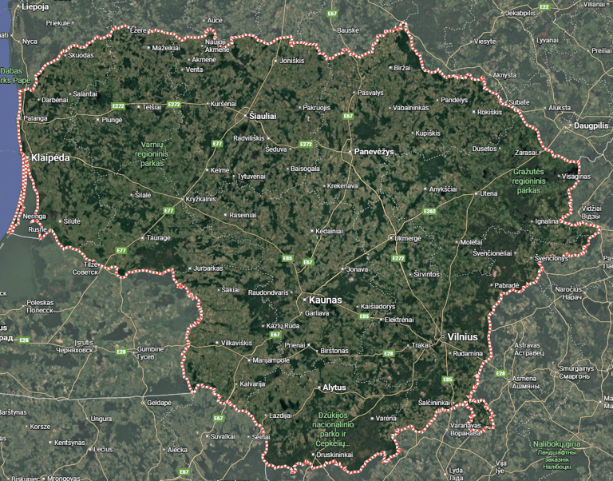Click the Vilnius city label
(462, 337)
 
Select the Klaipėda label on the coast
(49, 158)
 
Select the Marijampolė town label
(271, 360)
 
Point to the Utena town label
(488, 193)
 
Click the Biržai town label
(402, 69)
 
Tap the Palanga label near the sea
(35, 118)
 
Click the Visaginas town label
(576, 176)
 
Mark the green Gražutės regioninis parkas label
(528, 181)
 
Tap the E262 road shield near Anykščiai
(429, 211)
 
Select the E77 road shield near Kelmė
(217, 144)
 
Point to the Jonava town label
(358, 269)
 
